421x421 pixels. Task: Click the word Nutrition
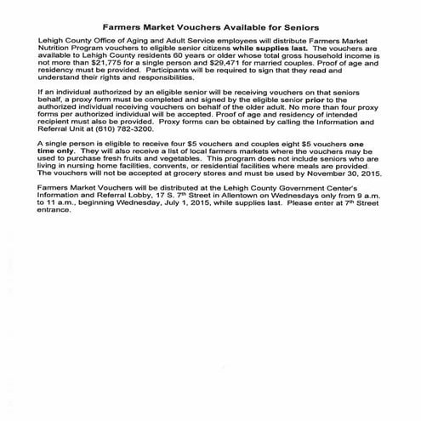point(56,48)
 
